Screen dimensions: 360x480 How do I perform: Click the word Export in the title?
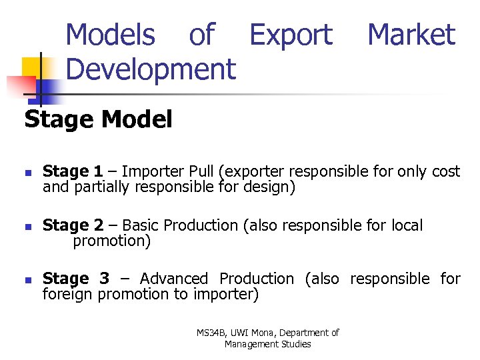[x=291, y=35]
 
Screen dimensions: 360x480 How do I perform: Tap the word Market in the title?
[x=411, y=35]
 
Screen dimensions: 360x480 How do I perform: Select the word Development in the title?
[x=151, y=69]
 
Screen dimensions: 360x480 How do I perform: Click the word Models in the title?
[x=111, y=35]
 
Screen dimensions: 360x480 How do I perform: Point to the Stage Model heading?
[x=99, y=119]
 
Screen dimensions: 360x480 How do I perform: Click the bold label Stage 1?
[x=73, y=172]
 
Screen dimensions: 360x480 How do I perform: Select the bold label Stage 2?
[x=73, y=225]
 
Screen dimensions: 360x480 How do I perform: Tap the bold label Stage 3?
[x=75, y=279]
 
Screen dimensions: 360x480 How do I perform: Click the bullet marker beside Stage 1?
[x=27, y=173]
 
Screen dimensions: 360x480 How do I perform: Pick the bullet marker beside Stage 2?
[x=27, y=226]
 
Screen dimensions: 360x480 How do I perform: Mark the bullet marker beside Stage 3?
[x=27, y=279]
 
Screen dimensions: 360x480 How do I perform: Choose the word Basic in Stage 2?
[x=140, y=225]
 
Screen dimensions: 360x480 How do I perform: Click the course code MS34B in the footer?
[x=211, y=333]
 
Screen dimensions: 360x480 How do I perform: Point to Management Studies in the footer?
[x=267, y=344]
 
